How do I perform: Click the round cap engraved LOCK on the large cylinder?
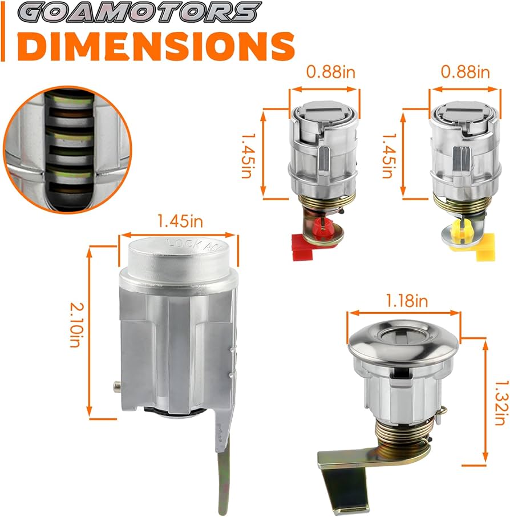click(178, 254)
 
